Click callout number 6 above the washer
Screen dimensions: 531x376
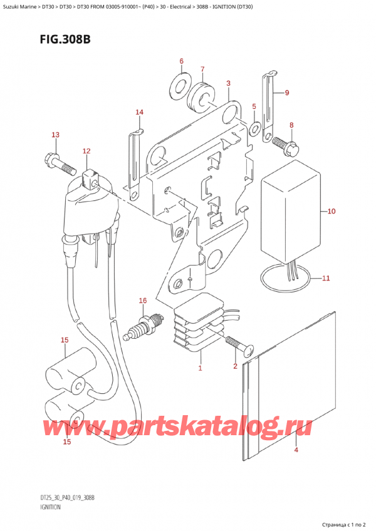coord(182,61)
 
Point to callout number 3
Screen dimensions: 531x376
coord(228,83)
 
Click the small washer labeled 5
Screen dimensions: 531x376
coord(254,130)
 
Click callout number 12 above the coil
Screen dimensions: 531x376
coord(86,151)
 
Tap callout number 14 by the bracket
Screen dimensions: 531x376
coord(140,113)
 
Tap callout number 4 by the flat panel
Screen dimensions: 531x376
coord(295,449)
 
